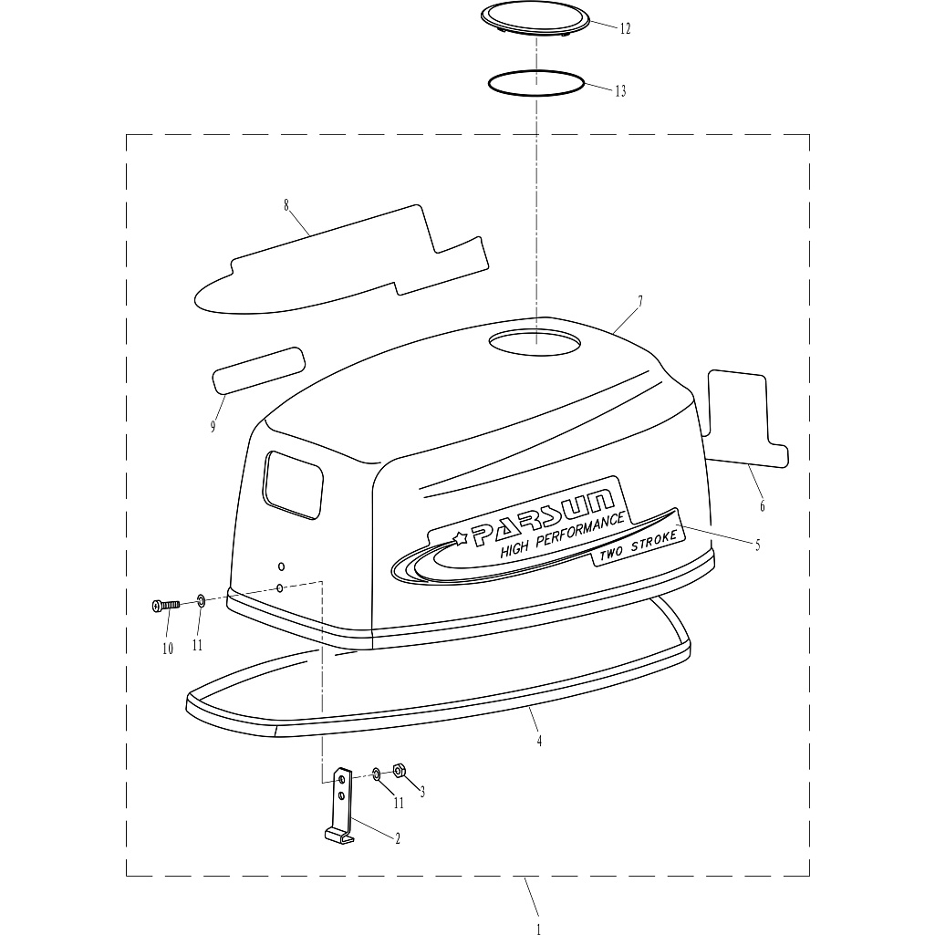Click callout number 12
coord(625,28)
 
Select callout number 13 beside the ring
coord(620,90)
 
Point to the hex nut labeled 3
coord(399,771)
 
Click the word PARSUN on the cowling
coord(543,517)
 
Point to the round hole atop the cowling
coord(535,344)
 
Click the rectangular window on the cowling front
coord(294,483)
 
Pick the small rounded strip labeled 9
coord(259,370)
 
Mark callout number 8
coord(286,206)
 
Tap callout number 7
coord(640,301)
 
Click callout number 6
coord(762,506)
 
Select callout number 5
coord(758,545)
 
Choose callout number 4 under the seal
coord(539,742)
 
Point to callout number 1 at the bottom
coord(539,929)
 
